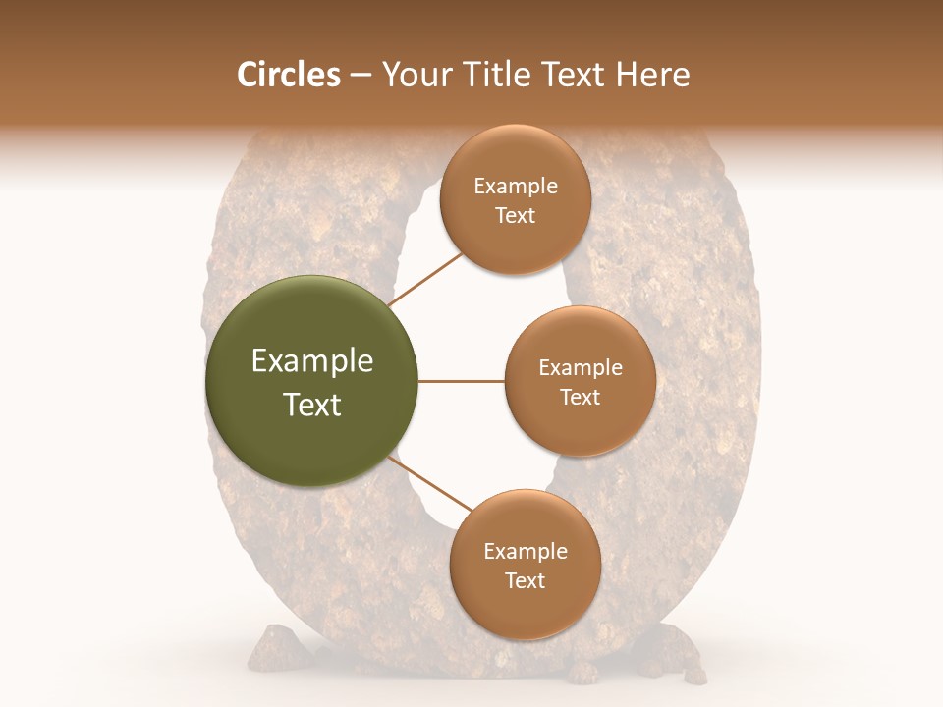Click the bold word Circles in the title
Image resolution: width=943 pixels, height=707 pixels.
click(x=289, y=75)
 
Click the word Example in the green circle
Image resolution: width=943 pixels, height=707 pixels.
click(x=312, y=361)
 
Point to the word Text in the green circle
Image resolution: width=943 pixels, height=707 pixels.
click(x=312, y=405)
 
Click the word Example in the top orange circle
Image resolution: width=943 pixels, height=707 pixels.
click(x=516, y=187)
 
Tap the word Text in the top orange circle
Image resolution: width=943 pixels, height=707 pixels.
click(x=516, y=216)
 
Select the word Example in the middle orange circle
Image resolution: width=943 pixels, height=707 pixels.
click(x=581, y=368)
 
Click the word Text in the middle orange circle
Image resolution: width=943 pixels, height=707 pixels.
click(x=581, y=398)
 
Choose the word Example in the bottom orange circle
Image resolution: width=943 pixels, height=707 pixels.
click(x=526, y=552)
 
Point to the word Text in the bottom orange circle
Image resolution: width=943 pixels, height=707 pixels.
click(x=526, y=581)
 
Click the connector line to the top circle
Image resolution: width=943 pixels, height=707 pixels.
click(x=427, y=279)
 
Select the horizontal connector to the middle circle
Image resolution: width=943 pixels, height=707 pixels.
click(x=462, y=381)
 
